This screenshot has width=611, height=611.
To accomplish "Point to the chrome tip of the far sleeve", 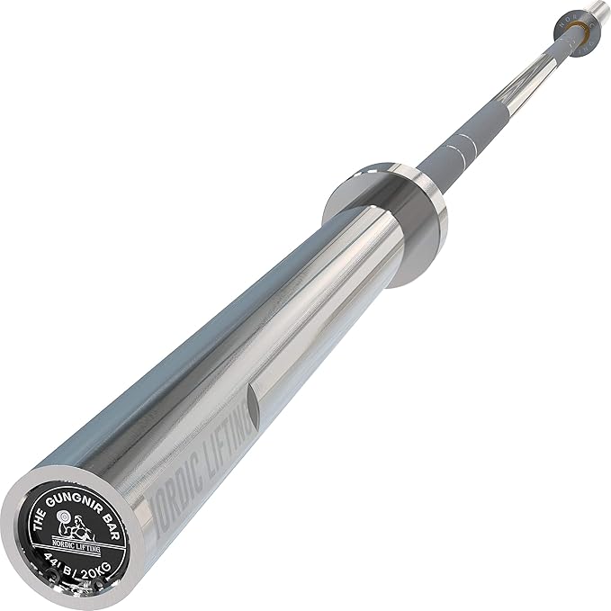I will (595, 10).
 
